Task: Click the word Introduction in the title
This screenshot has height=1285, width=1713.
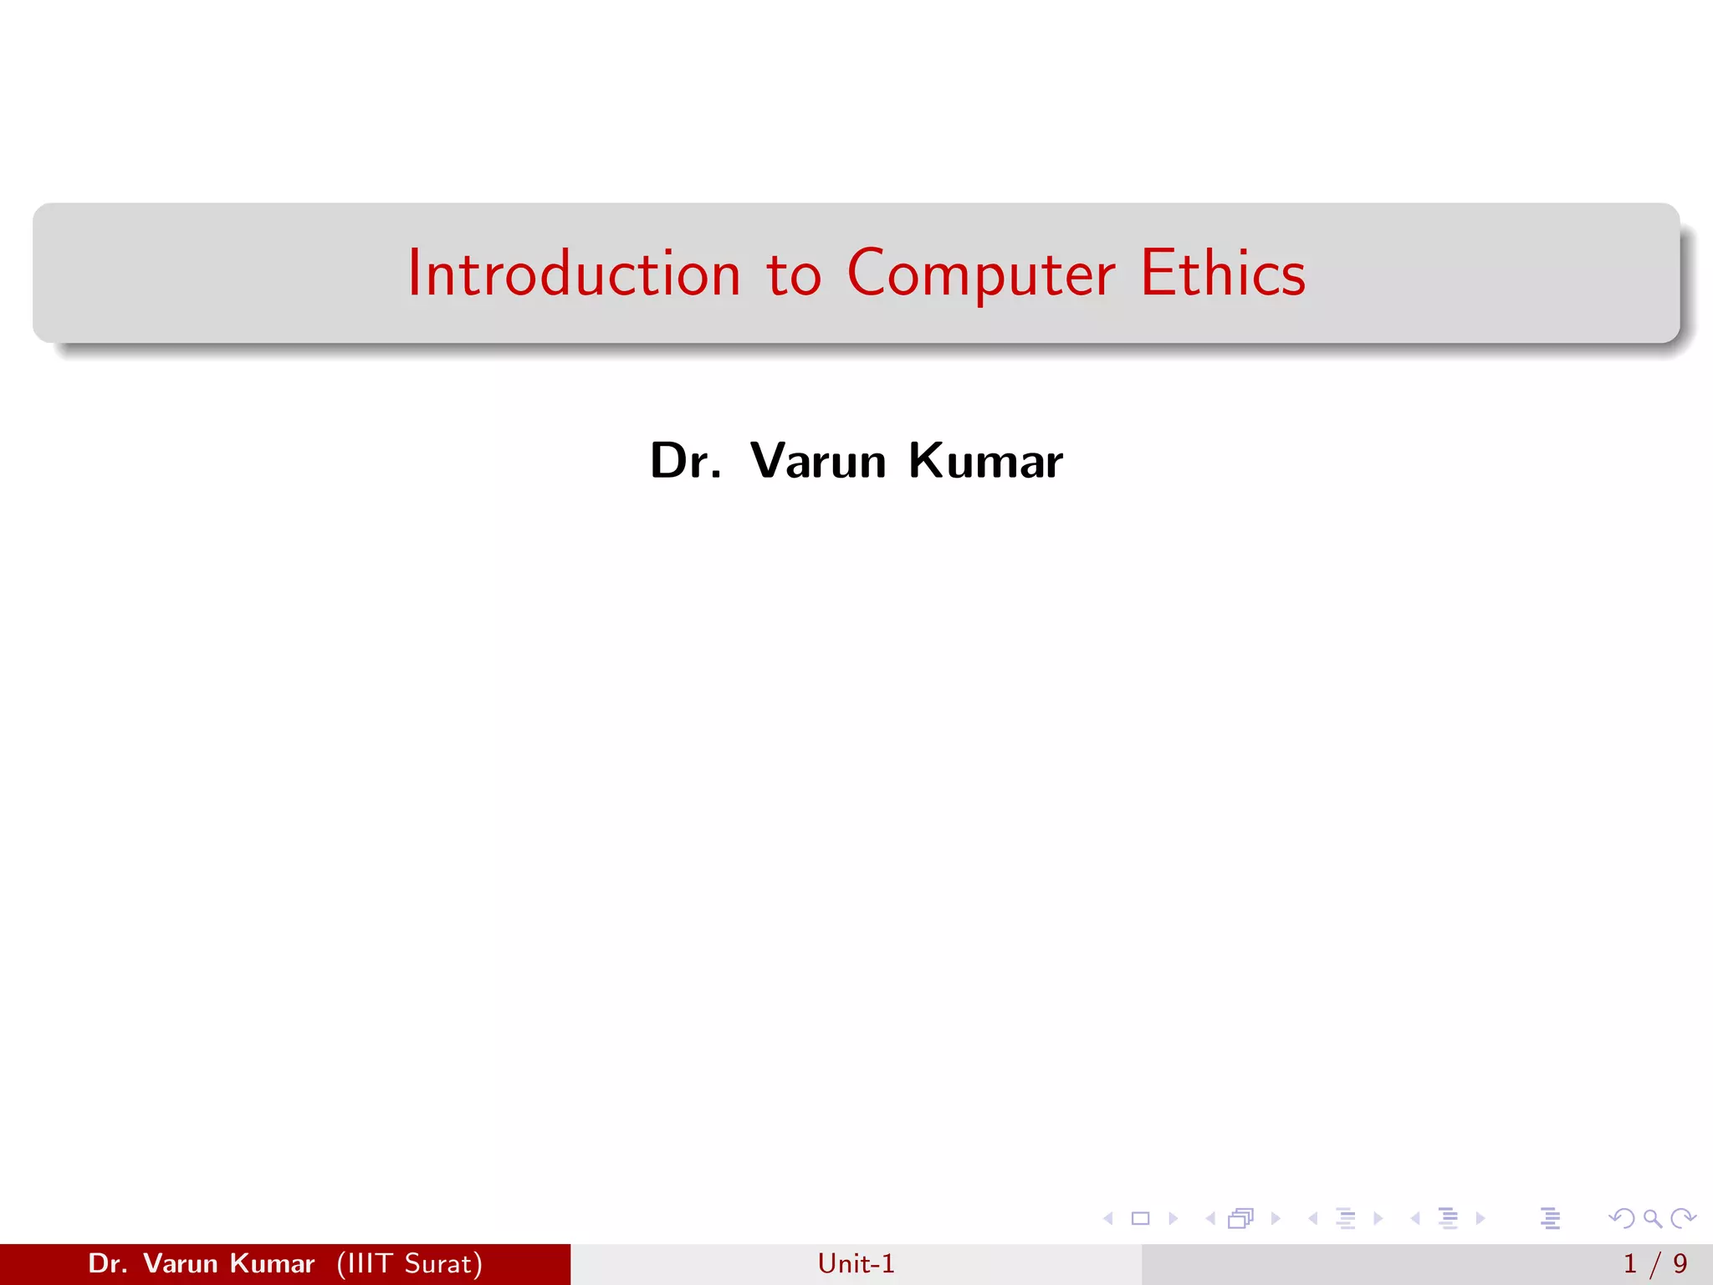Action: tap(574, 274)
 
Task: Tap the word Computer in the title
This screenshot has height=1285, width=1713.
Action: tap(980, 274)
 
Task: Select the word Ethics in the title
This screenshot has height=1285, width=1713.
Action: tap(1222, 274)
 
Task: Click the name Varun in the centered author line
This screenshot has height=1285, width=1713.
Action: tap(818, 460)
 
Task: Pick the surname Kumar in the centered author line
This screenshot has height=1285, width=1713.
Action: tap(985, 460)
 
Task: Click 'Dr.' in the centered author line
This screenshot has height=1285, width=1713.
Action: tap(685, 460)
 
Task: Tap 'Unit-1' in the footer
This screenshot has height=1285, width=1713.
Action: tap(856, 1263)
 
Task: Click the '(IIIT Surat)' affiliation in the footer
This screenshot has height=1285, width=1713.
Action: tap(409, 1263)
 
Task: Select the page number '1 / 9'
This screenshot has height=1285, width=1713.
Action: tap(1654, 1263)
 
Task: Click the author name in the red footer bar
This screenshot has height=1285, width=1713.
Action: tap(201, 1263)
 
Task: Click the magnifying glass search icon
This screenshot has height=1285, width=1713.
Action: tap(1652, 1218)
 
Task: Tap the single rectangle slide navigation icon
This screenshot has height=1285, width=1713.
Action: tap(1140, 1218)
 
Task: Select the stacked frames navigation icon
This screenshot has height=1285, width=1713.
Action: tap(1240, 1218)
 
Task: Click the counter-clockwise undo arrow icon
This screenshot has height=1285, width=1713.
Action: tap(1621, 1218)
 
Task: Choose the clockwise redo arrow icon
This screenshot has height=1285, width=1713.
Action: tap(1683, 1218)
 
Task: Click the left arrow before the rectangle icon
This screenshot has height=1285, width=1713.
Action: tap(1108, 1218)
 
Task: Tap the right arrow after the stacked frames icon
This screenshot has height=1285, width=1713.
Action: tap(1276, 1218)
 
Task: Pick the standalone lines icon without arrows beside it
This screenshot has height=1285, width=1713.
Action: tap(1550, 1218)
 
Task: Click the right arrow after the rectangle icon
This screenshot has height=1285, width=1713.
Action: tap(1173, 1218)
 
